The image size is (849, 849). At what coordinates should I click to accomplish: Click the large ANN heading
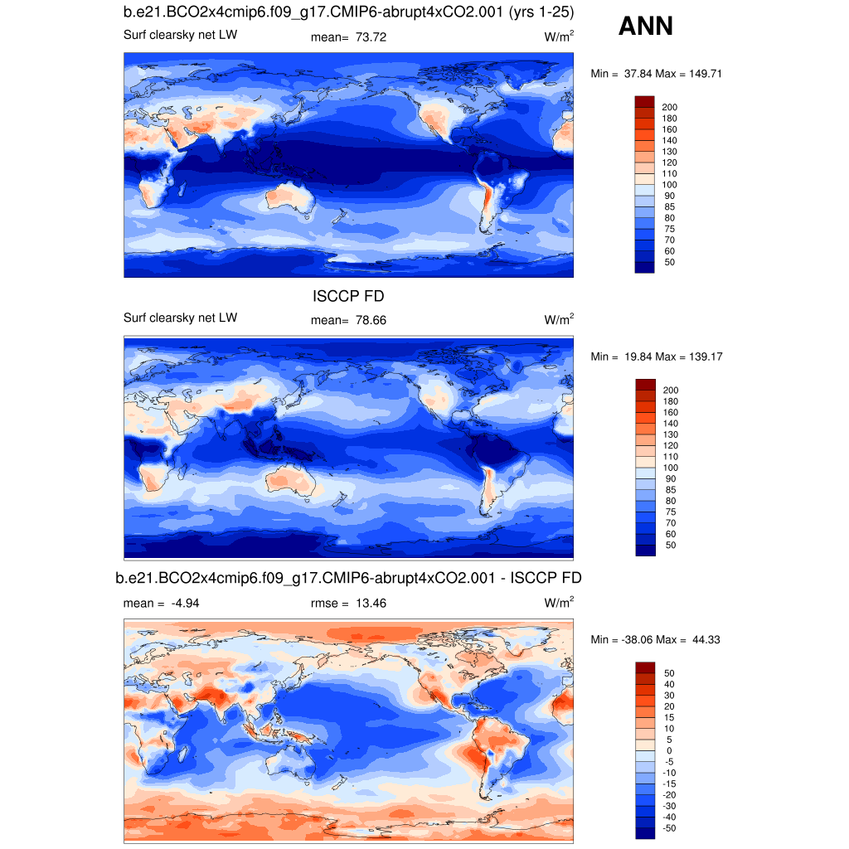(646, 27)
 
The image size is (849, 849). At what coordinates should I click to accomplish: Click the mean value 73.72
(371, 37)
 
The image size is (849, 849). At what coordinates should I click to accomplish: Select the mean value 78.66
(371, 321)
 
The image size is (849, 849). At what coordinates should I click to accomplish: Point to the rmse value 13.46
(371, 604)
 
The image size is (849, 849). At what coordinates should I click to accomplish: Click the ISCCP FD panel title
(348, 297)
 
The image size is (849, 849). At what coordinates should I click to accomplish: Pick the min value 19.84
(635, 357)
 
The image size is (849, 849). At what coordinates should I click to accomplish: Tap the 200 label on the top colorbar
(670, 107)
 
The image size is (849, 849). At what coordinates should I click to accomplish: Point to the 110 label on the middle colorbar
(670, 457)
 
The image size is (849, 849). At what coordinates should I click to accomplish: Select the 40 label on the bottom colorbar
(667, 684)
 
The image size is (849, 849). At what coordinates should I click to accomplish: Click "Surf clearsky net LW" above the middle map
(180, 318)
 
